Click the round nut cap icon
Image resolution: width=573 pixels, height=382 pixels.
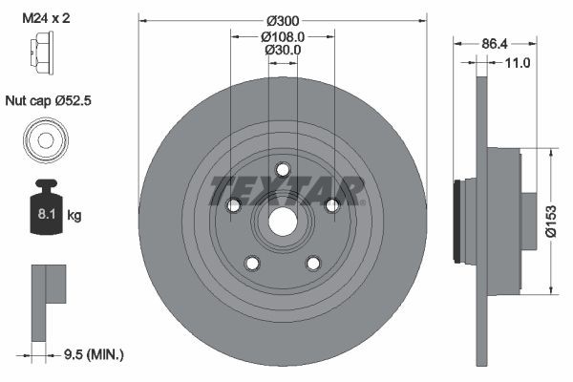point(44,139)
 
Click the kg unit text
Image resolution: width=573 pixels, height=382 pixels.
point(74,216)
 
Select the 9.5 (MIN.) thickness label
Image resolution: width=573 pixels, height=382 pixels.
point(93,353)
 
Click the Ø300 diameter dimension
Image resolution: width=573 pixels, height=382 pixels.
point(283,20)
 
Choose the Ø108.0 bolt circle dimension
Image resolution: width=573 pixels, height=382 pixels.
point(283,36)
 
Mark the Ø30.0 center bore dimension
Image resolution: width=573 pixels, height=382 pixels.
point(283,50)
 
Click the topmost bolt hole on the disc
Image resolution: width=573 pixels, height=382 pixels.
point(283,170)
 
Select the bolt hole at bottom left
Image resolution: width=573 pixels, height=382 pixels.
point(252,263)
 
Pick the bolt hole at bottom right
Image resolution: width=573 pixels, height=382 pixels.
point(313,263)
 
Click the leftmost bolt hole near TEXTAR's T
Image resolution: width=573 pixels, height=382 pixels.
point(233,205)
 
